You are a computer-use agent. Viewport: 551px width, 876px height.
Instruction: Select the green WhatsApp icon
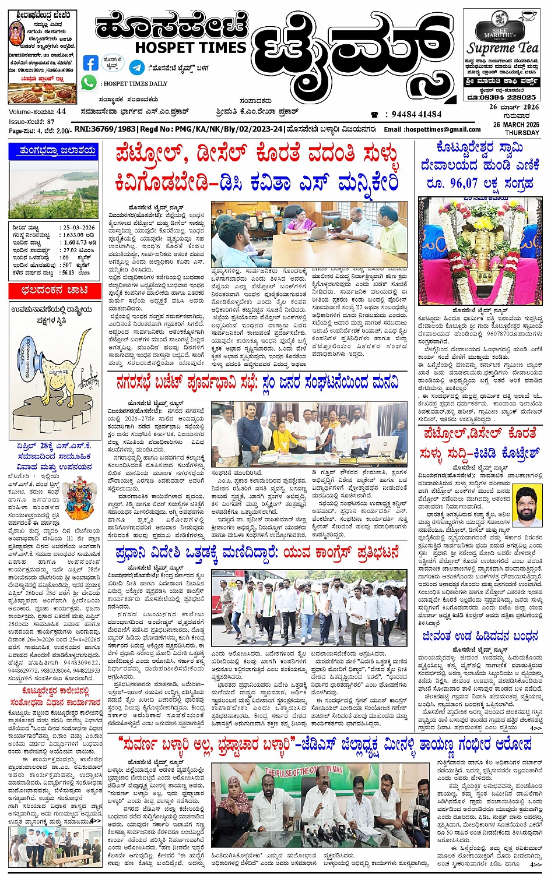tap(89, 83)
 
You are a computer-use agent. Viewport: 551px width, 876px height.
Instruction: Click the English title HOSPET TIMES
tap(190, 47)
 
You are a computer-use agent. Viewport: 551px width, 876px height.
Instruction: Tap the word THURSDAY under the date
tap(522, 133)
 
